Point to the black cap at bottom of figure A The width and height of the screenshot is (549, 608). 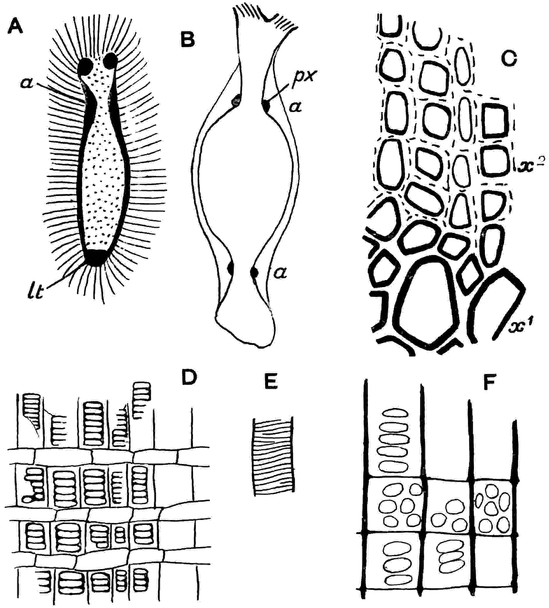pyautogui.click(x=96, y=257)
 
